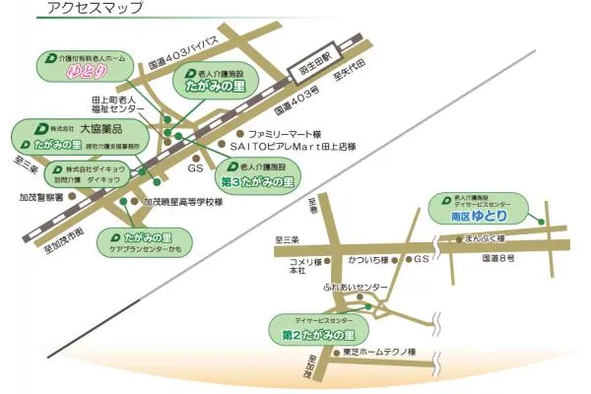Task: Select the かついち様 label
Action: pos(364,260)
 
